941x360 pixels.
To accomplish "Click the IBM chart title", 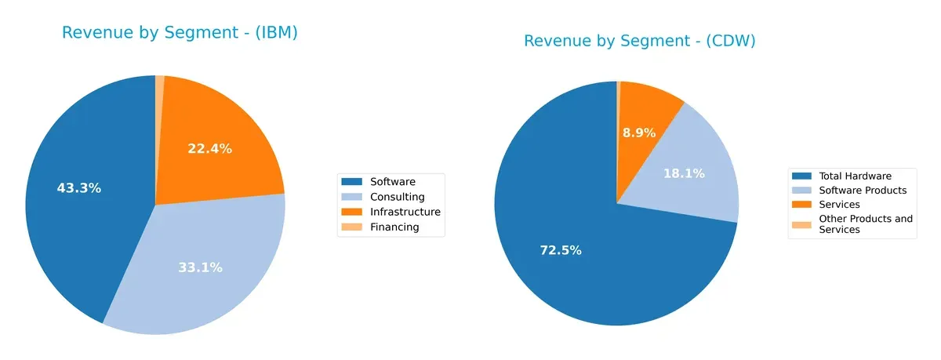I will click(x=180, y=33).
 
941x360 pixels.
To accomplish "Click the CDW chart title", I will click(x=639, y=41).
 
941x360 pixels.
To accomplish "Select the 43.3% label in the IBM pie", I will click(x=78, y=188).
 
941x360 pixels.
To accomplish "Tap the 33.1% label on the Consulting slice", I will click(x=200, y=267).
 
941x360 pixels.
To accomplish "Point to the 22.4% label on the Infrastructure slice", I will click(x=209, y=148).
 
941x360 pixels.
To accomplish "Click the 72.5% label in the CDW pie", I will click(x=560, y=250).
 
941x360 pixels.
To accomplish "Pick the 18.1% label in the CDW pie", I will click(x=684, y=173).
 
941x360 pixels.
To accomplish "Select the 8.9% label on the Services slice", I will click(x=639, y=133).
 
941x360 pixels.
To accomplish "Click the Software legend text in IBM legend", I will click(x=392, y=182).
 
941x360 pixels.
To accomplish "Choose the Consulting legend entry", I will click(x=397, y=197).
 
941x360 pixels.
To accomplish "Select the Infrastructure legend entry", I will click(x=405, y=212).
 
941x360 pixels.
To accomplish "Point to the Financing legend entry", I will click(x=394, y=227).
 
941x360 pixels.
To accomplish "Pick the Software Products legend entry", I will click(x=862, y=191).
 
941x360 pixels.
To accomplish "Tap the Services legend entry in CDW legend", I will click(x=839, y=205).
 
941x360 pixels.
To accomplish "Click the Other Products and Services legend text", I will click(x=865, y=224).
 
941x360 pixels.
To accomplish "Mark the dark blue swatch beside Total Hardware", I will click(x=801, y=176).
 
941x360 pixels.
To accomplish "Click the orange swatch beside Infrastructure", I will click(x=351, y=212).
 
